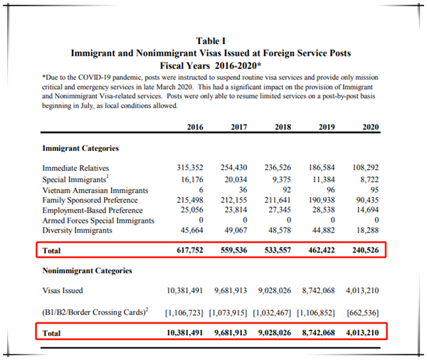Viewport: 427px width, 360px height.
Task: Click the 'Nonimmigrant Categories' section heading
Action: [87, 270]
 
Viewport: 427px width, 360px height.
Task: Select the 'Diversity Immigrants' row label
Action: [77, 232]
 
